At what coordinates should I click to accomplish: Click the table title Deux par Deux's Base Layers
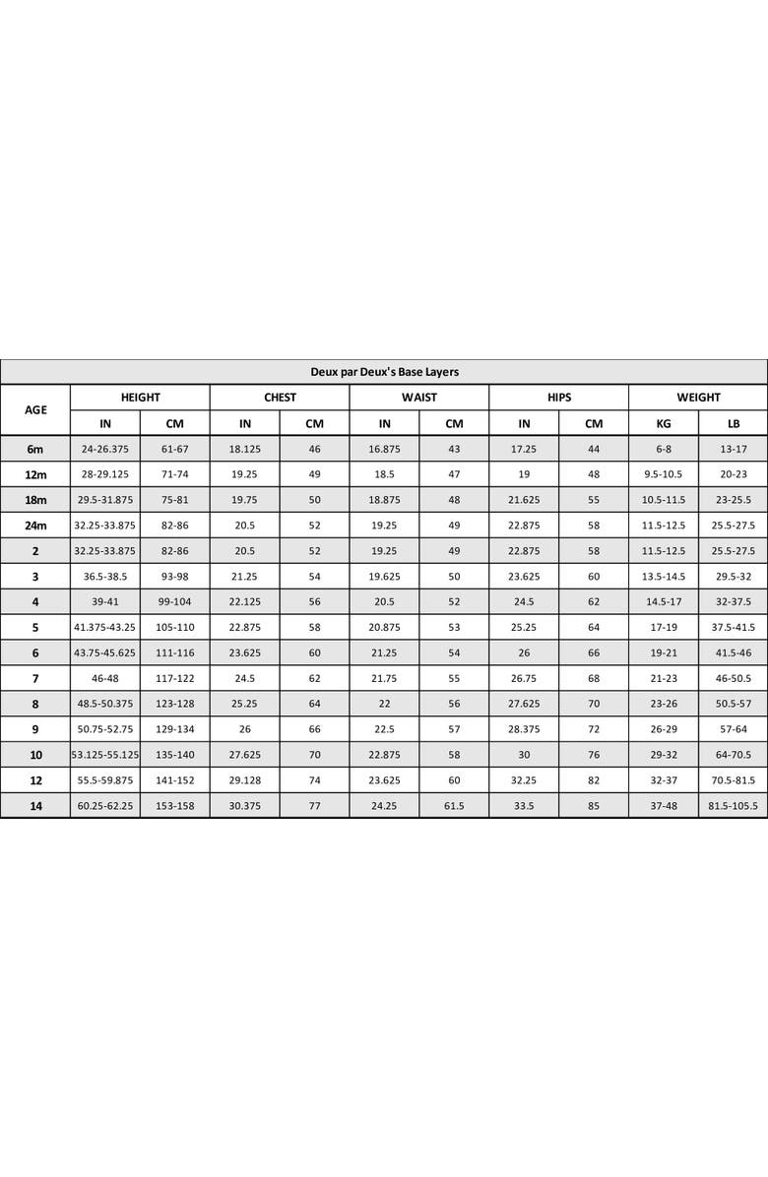point(384,372)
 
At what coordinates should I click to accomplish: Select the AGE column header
point(35,410)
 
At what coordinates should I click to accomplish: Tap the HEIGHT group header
point(140,398)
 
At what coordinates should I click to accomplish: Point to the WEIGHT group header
point(698,398)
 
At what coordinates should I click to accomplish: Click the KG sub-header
point(663,424)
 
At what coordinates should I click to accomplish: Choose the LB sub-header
point(733,424)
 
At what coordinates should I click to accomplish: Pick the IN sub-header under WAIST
point(384,424)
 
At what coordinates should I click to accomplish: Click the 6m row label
point(35,450)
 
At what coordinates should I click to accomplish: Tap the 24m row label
point(35,526)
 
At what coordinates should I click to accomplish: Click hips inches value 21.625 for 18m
point(524,500)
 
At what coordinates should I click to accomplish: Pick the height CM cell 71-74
point(174,474)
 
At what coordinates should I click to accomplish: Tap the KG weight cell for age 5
point(663,628)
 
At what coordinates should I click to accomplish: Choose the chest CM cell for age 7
point(314,679)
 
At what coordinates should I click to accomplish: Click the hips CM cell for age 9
point(593,729)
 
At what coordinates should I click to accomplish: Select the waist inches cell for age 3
point(384,577)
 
